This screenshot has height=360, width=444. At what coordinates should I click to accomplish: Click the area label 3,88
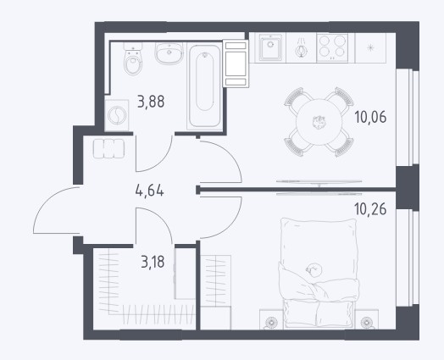coord(151,102)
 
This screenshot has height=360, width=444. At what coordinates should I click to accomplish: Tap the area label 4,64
coord(149,191)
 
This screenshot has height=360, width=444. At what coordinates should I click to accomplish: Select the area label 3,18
coord(153,262)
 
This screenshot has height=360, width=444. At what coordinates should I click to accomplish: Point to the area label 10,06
coord(370,117)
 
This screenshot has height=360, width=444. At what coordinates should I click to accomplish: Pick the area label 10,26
coord(370,209)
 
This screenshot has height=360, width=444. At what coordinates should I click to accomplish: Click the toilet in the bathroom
coord(133,58)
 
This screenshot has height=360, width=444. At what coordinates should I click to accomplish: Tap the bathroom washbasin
coord(169,53)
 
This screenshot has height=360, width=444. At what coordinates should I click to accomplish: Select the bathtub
coord(204,86)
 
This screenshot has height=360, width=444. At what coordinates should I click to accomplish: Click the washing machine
coord(116,115)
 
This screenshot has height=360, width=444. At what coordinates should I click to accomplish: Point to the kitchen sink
coord(270,47)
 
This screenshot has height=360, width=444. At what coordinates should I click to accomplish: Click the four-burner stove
coord(332,47)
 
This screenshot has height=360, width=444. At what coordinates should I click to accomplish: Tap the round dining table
coord(319,122)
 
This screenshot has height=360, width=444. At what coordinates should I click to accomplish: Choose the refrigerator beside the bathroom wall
coord(236,64)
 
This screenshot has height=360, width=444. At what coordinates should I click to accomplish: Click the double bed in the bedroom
coord(319,273)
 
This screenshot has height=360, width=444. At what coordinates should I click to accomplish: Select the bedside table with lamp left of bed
coord(271,319)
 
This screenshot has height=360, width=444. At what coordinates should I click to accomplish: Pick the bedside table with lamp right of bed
coord(366,319)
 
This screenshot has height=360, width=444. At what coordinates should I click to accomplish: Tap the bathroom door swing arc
coord(161,161)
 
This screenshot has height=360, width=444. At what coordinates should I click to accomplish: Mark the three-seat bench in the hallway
coord(108,148)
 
